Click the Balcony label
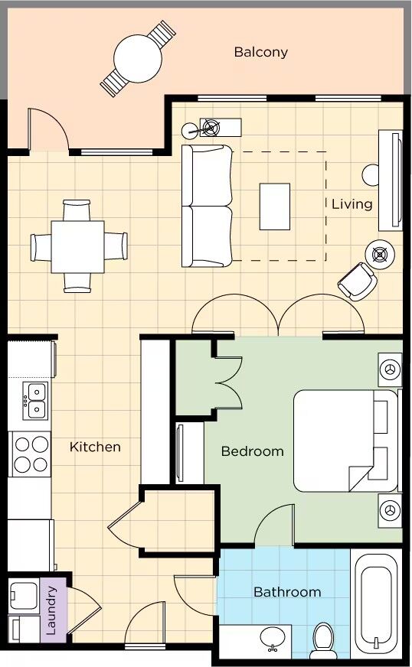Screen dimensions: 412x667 click(x=260, y=52)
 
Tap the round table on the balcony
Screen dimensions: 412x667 click(x=138, y=58)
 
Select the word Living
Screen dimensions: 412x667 click(x=352, y=204)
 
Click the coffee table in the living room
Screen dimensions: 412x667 click(x=275, y=207)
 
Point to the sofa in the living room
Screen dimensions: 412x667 click(x=208, y=206)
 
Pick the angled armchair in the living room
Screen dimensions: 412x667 click(x=357, y=281)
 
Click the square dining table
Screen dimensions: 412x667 click(x=77, y=247)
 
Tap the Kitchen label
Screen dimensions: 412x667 click(x=95, y=447)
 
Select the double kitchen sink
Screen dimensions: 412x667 click(x=36, y=400)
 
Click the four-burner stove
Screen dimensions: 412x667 click(x=30, y=454)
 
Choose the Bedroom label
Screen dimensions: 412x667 click(x=252, y=451)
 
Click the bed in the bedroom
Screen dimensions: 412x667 click(x=346, y=441)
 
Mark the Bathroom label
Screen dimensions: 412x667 click(x=287, y=592)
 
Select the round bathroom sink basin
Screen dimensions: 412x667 click(x=273, y=637)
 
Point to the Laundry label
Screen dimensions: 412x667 click(x=51, y=611)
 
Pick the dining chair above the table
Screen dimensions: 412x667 click(x=77, y=210)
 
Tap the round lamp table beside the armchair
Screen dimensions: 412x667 click(x=380, y=255)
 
